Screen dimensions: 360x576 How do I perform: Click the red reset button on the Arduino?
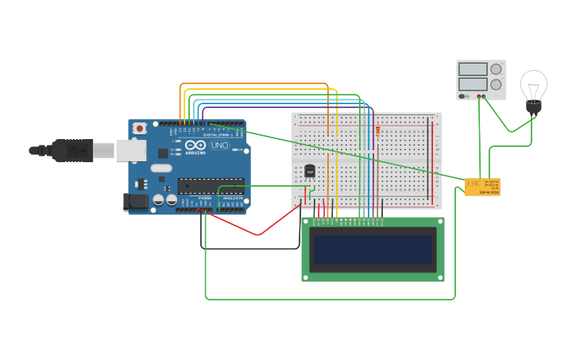click(140, 127)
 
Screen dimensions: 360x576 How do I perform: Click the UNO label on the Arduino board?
click(219, 145)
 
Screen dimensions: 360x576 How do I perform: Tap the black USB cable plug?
click(72, 150)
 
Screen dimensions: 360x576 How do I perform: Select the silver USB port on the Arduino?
click(130, 150)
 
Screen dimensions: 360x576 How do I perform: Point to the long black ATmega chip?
click(210, 185)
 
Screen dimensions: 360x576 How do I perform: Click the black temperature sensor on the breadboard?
click(309, 171)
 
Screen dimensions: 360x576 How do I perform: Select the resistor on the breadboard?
click(377, 130)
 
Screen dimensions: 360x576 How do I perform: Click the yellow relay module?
click(482, 187)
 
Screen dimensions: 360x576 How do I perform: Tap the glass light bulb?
click(533, 84)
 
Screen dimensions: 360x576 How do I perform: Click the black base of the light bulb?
click(533, 106)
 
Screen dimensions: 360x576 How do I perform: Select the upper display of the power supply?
click(473, 69)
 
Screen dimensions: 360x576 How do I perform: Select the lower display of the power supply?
click(473, 83)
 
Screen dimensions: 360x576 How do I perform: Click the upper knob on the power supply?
click(497, 69)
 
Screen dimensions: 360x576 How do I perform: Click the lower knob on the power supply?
click(497, 84)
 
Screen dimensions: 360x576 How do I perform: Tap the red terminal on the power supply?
click(478, 97)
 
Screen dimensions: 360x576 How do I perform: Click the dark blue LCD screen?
click(373, 250)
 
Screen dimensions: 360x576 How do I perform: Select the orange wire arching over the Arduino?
click(254, 83)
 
